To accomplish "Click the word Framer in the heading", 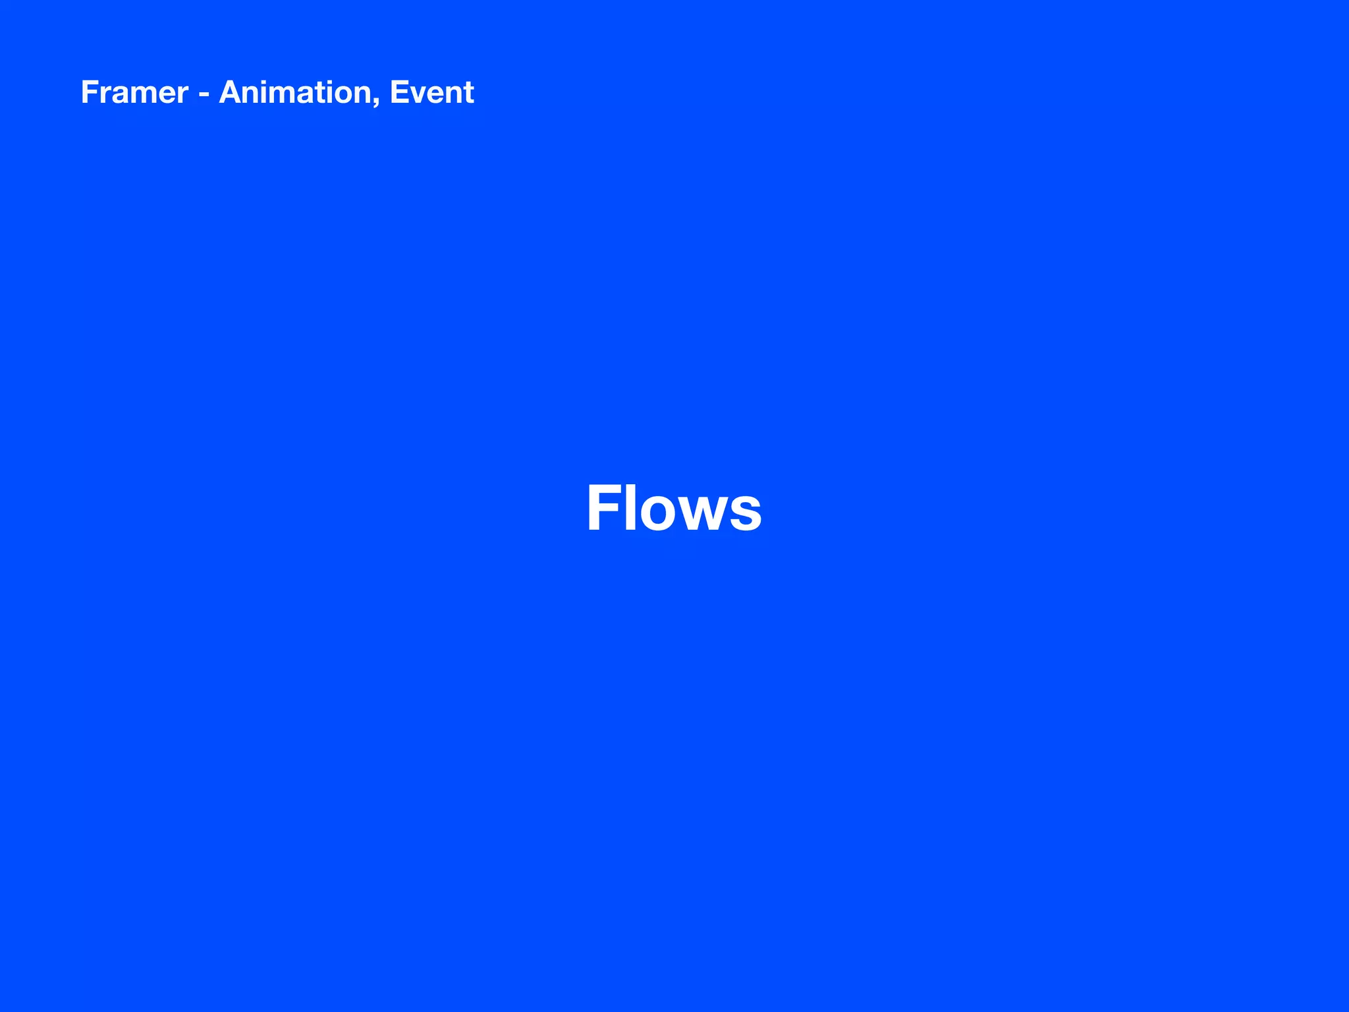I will [x=134, y=92].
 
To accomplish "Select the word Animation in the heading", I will [x=296, y=92].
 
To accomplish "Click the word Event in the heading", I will [x=431, y=92].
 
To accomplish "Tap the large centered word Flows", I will [x=674, y=508].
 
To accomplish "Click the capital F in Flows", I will [x=603, y=508].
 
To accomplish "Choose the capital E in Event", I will [x=399, y=92].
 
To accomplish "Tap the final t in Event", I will [x=469, y=94].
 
